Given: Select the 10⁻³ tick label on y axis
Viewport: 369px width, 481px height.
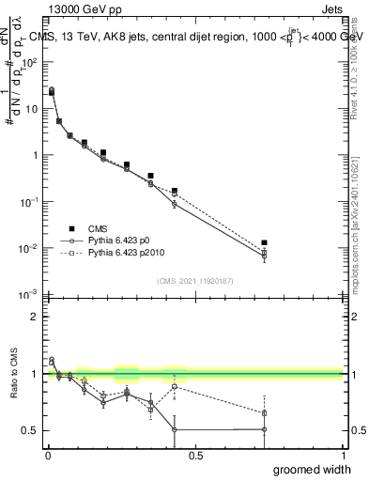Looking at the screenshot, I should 31,295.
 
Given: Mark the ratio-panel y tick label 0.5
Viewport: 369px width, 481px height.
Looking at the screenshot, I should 31,430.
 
